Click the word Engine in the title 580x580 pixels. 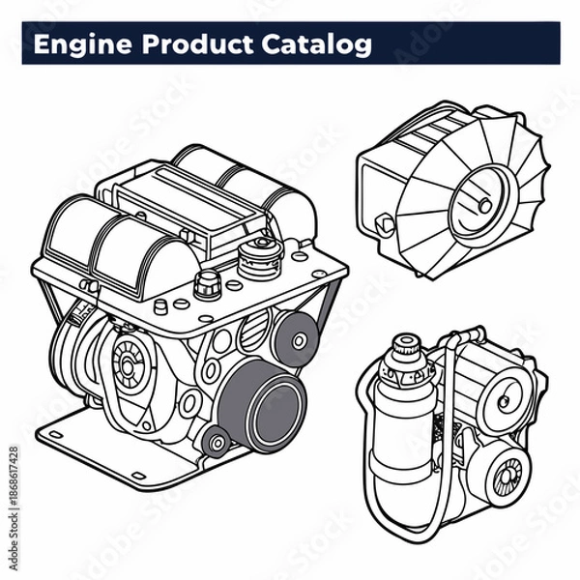tap(76, 44)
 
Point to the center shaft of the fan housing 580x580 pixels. tap(480, 204)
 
